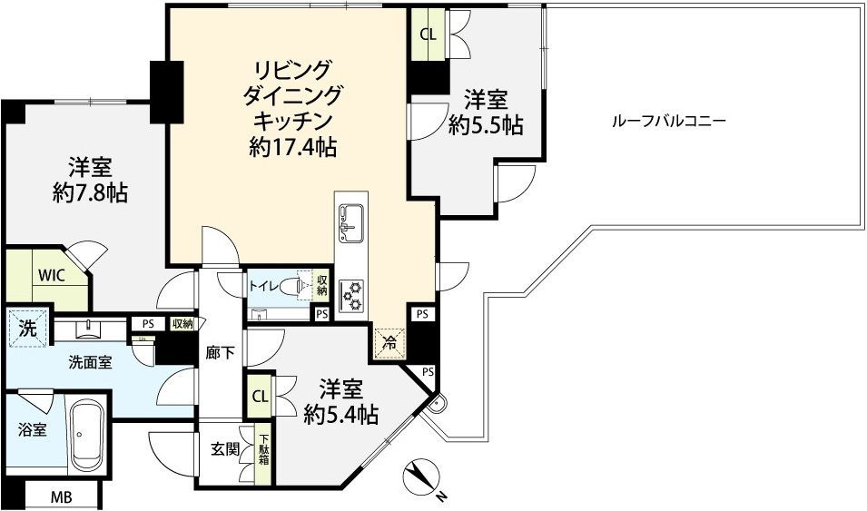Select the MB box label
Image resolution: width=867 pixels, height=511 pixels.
click(x=62, y=496)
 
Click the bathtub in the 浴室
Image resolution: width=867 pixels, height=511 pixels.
click(x=86, y=434)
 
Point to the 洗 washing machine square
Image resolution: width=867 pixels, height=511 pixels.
click(x=26, y=329)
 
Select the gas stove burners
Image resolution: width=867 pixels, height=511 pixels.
click(x=350, y=294)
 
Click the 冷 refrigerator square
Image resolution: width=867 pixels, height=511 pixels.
click(x=388, y=342)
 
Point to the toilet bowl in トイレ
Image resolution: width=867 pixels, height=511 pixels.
click(x=290, y=287)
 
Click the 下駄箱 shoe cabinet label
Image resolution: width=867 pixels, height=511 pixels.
click(x=264, y=447)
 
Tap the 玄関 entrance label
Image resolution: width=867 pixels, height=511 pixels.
click(x=225, y=447)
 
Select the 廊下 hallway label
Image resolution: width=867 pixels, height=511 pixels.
click(x=222, y=354)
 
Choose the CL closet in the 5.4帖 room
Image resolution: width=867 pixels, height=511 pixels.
click(x=260, y=396)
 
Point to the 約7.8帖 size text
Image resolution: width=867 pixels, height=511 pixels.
click(x=89, y=192)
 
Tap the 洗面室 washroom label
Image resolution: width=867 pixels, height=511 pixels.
click(x=91, y=361)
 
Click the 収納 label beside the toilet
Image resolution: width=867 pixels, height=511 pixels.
click(x=321, y=285)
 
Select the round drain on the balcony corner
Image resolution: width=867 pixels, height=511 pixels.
click(x=437, y=405)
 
